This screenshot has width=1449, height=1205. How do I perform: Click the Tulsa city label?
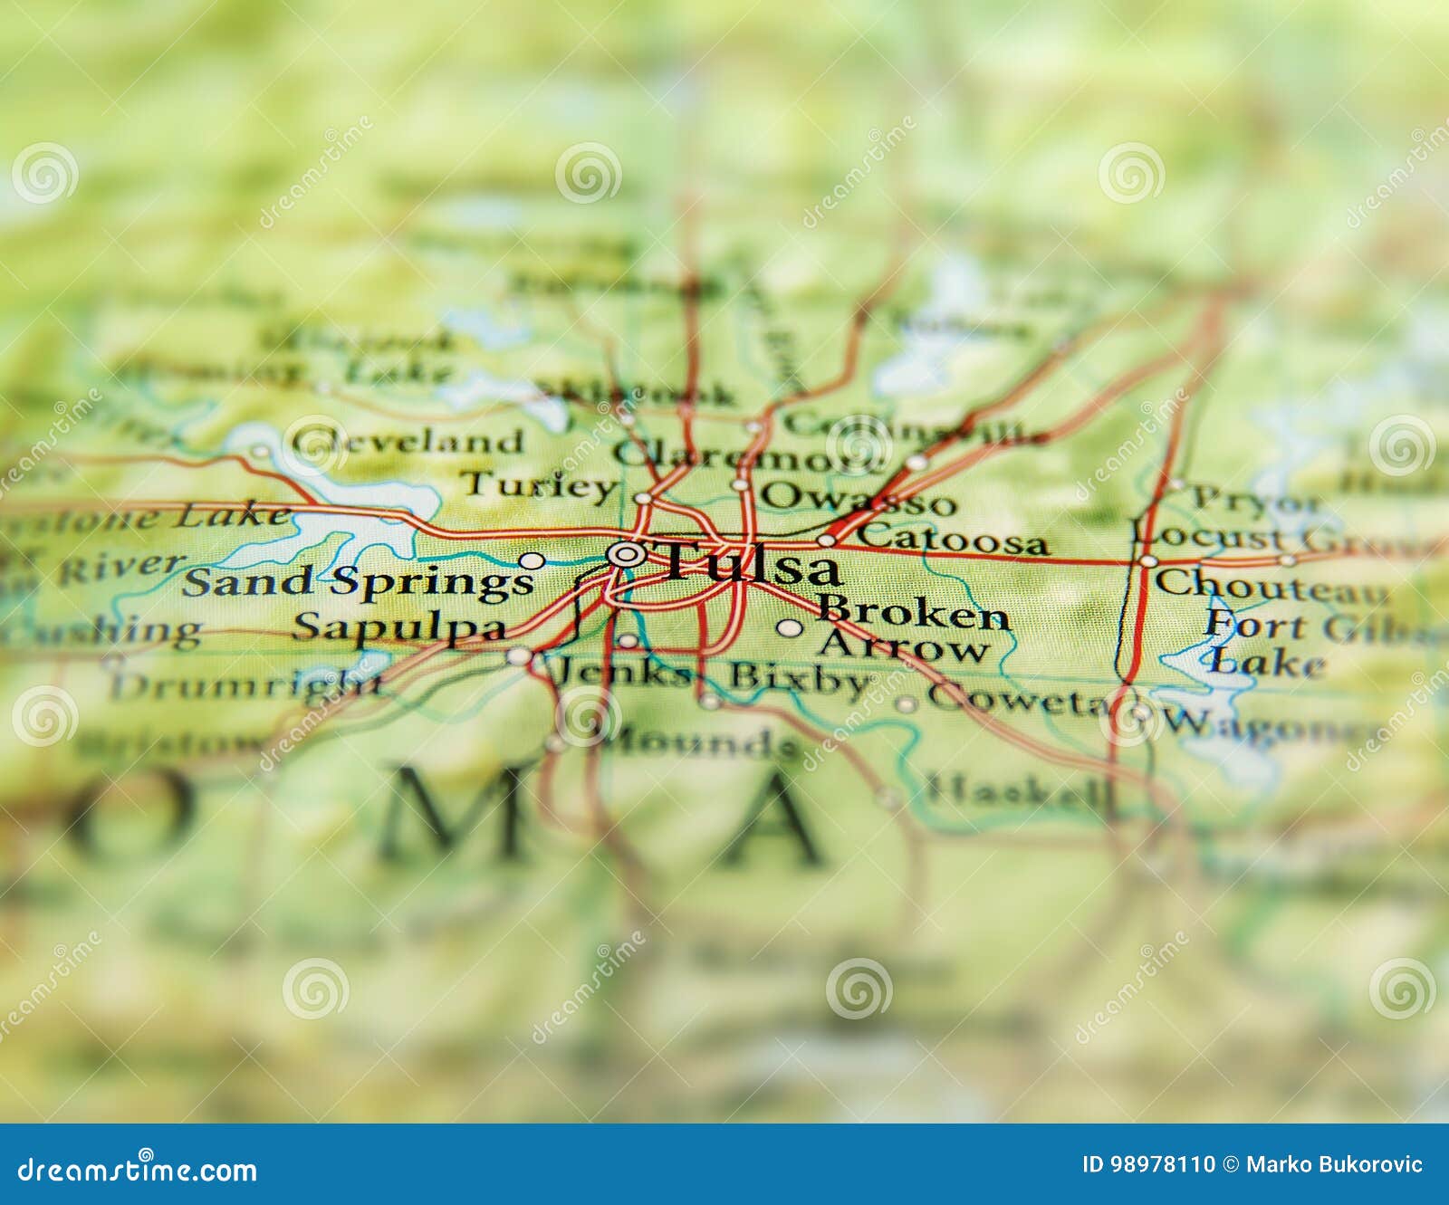[x=752, y=566]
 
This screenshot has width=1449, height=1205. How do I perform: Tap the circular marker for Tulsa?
[x=626, y=553]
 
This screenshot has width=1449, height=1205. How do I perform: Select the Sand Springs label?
[x=358, y=582]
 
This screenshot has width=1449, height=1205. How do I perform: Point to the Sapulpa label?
[x=398, y=627]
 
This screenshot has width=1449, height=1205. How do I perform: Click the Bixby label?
[x=800, y=678]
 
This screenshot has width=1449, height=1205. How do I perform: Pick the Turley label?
[x=538, y=486]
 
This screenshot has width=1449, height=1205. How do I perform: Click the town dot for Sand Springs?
[x=532, y=560]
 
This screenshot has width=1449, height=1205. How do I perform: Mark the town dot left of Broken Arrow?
[x=790, y=626]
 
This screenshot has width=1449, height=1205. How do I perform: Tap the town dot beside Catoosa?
[x=826, y=540]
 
